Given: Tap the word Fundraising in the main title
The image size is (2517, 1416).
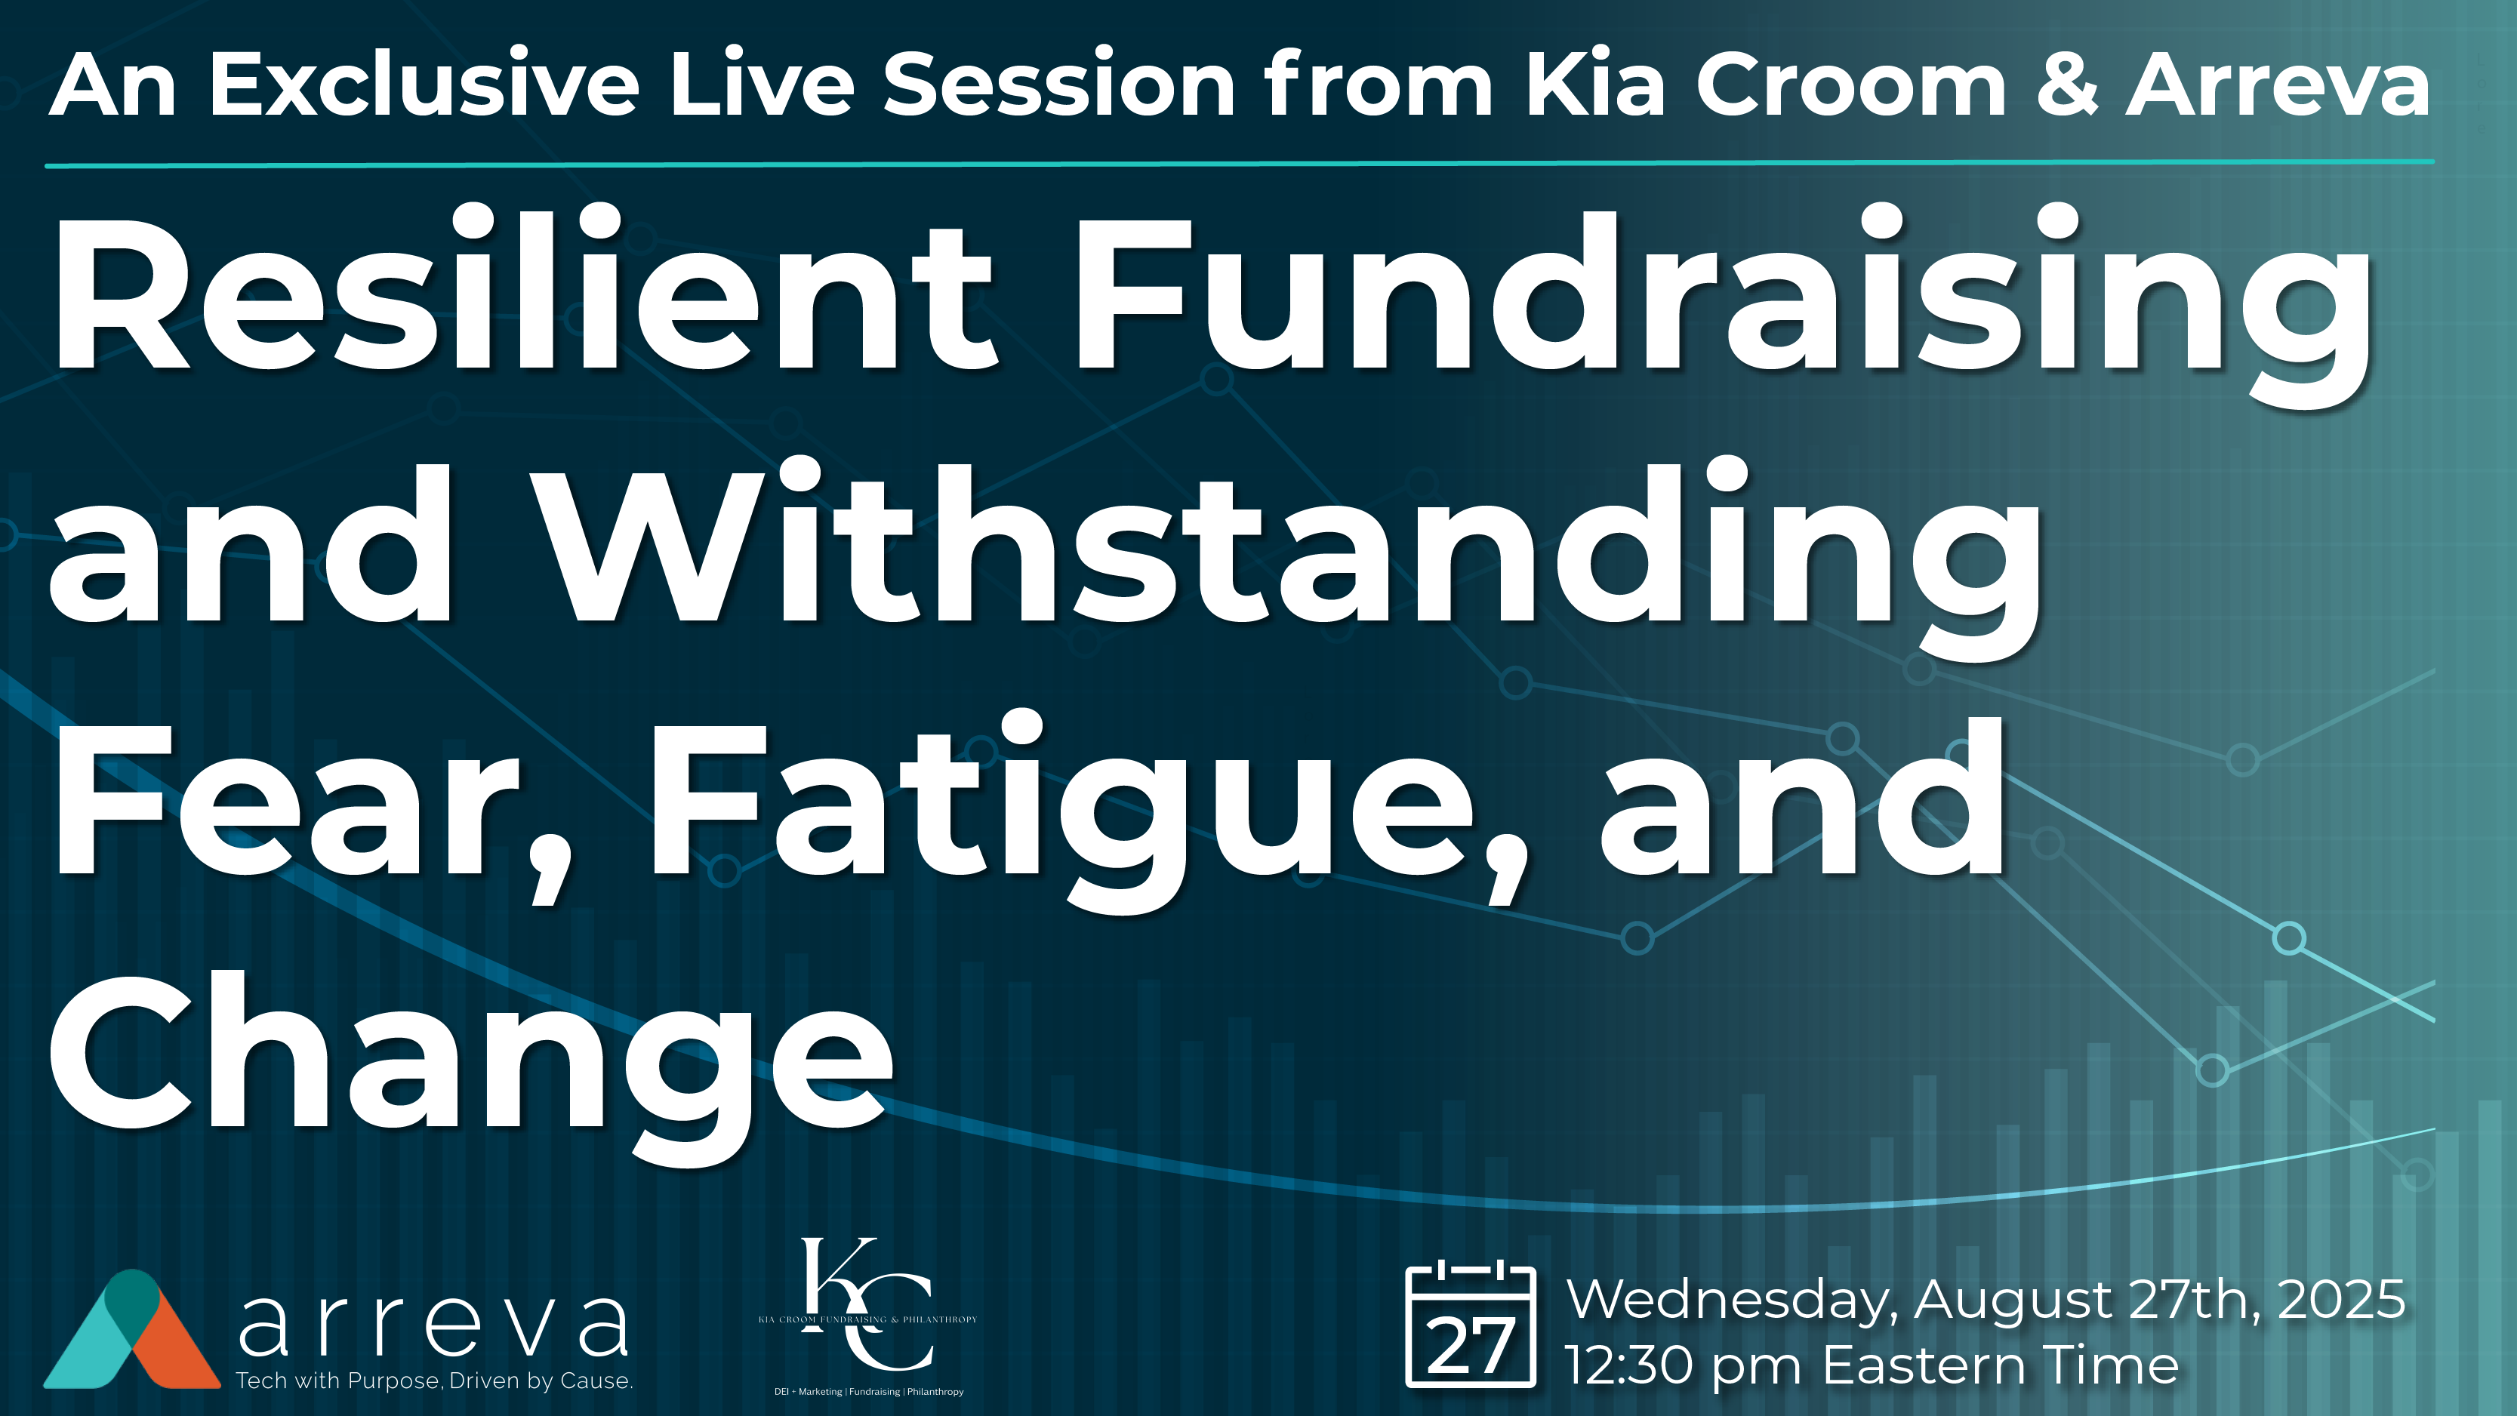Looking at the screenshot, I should pyautogui.click(x=1720, y=293).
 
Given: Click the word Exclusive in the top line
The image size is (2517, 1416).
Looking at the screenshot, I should pyautogui.click(x=424, y=86).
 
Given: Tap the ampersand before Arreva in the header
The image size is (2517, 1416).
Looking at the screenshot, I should pyautogui.click(x=2066, y=86).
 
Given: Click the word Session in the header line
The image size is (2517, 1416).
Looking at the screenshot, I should pyautogui.click(x=1059, y=86).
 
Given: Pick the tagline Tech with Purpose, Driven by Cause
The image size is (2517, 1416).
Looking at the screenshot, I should pyautogui.click(x=434, y=1381).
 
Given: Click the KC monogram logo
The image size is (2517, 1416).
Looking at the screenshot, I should pyautogui.click(x=867, y=1304).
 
